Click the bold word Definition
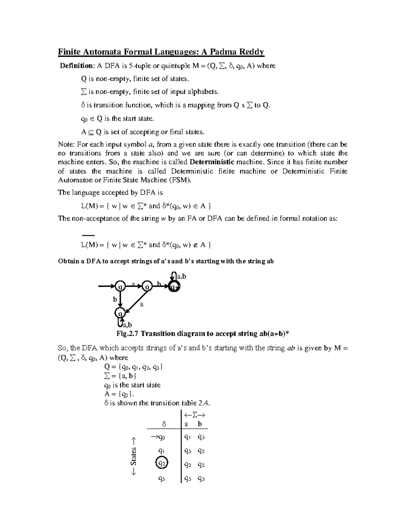(x=77, y=66)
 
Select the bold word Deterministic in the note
(x=212, y=162)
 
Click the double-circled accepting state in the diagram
(x=174, y=286)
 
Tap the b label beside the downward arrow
(x=115, y=299)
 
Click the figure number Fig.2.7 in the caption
(x=128, y=334)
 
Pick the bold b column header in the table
(x=200, y=424)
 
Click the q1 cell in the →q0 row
(x=187, y=437)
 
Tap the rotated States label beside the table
(x=133, y=456)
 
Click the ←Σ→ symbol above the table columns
(x=194, y=415)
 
